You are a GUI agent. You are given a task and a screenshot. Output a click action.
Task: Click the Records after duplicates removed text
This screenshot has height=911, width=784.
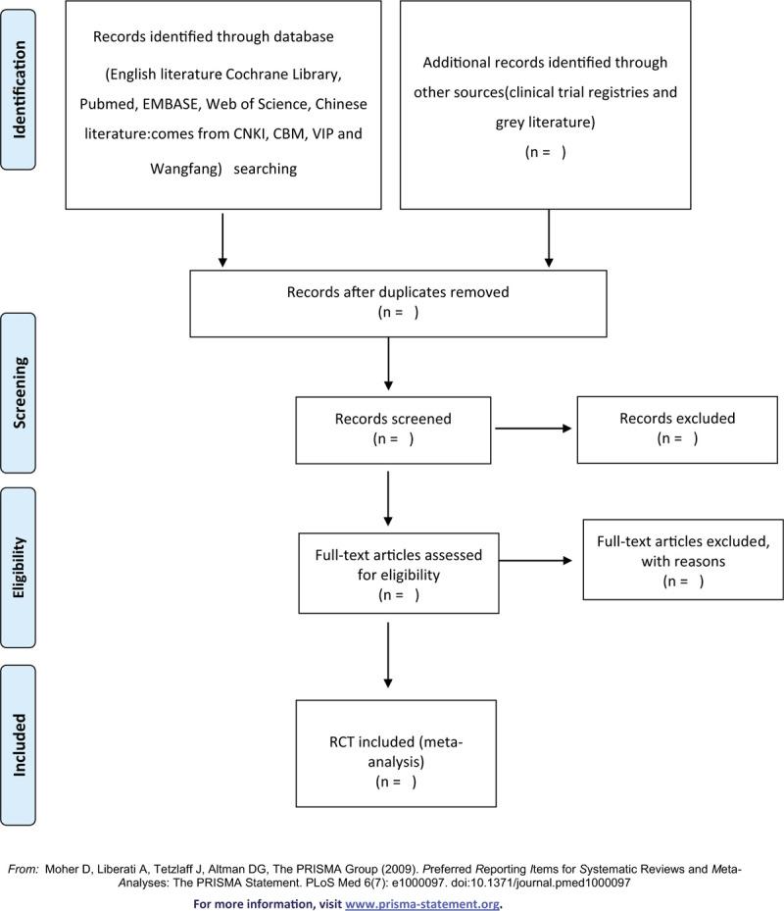pos(397,292)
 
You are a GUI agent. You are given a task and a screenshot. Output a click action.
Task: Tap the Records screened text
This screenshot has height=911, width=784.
pos(393,419)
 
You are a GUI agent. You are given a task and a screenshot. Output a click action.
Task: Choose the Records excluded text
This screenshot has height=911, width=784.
pos(676,419)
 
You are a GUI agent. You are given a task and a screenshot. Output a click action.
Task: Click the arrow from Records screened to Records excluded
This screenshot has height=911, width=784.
pos(534,428)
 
